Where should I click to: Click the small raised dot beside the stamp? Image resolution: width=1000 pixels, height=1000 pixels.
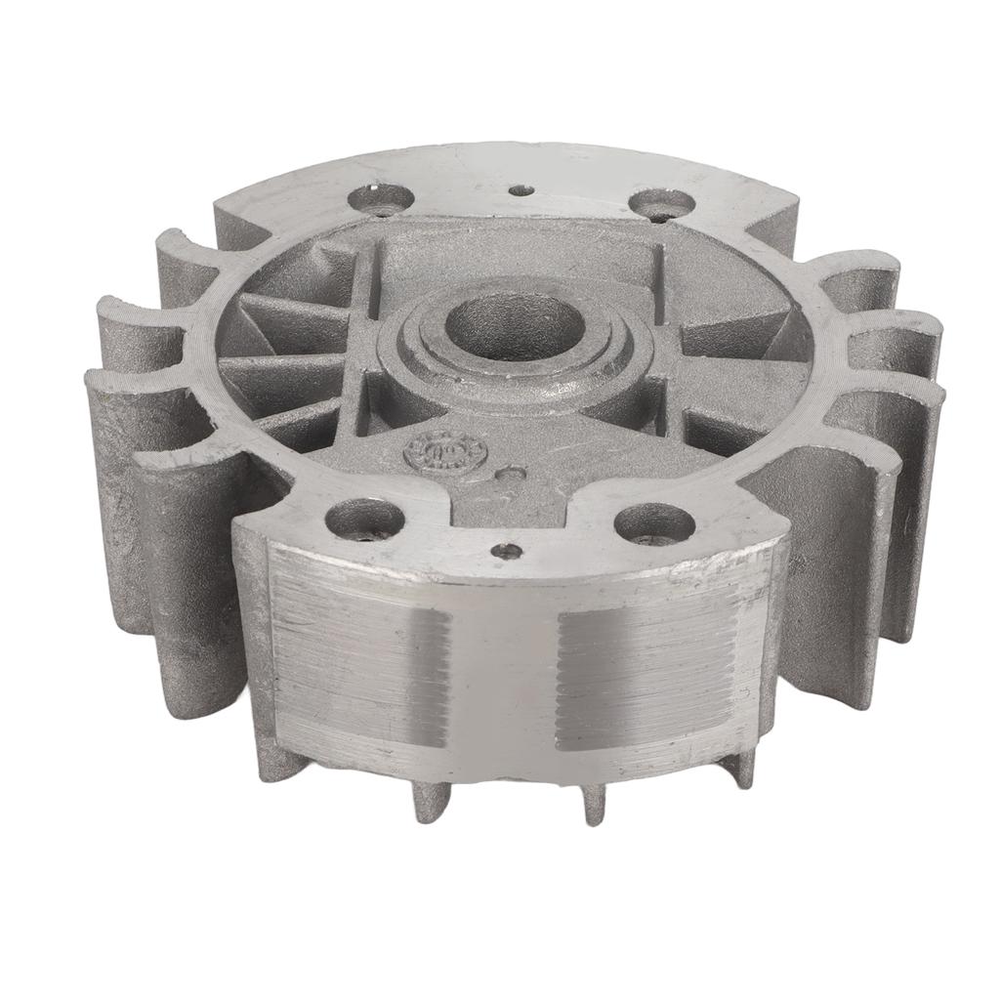510,474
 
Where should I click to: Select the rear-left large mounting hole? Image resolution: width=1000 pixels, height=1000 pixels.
382,198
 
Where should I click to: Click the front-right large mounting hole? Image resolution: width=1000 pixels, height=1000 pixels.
654,524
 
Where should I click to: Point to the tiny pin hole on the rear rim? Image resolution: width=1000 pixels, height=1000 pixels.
522,189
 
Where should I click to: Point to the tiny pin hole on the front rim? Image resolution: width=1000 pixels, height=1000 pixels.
506,551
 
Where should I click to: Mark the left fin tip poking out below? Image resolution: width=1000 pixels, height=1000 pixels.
431,796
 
